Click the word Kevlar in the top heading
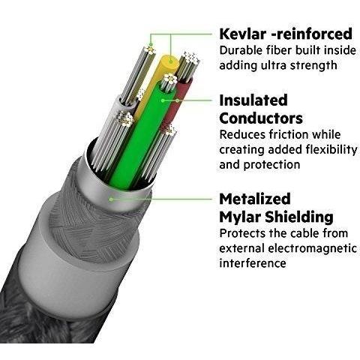pyautogui.click(x=242, y=34)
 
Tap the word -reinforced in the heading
pyautogui.click(x=312, y=34)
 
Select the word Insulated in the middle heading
pyautogui.click(x=253, y=100)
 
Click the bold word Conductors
pyautogui.click(x=261, y=118)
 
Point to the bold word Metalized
pyautogui.click(x=255, y=199)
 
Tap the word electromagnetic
pyautogui.click(x=312, y=248)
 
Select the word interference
pyautogui.click(x=253, y=263)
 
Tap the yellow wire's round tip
pyautogui.click(x=170, y=61)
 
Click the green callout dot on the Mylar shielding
pyautogui.click(x=111, y=199)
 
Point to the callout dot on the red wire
pyautogui.click(x=177, y=100)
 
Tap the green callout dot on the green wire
pyautogui.click(x=163, y=100)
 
